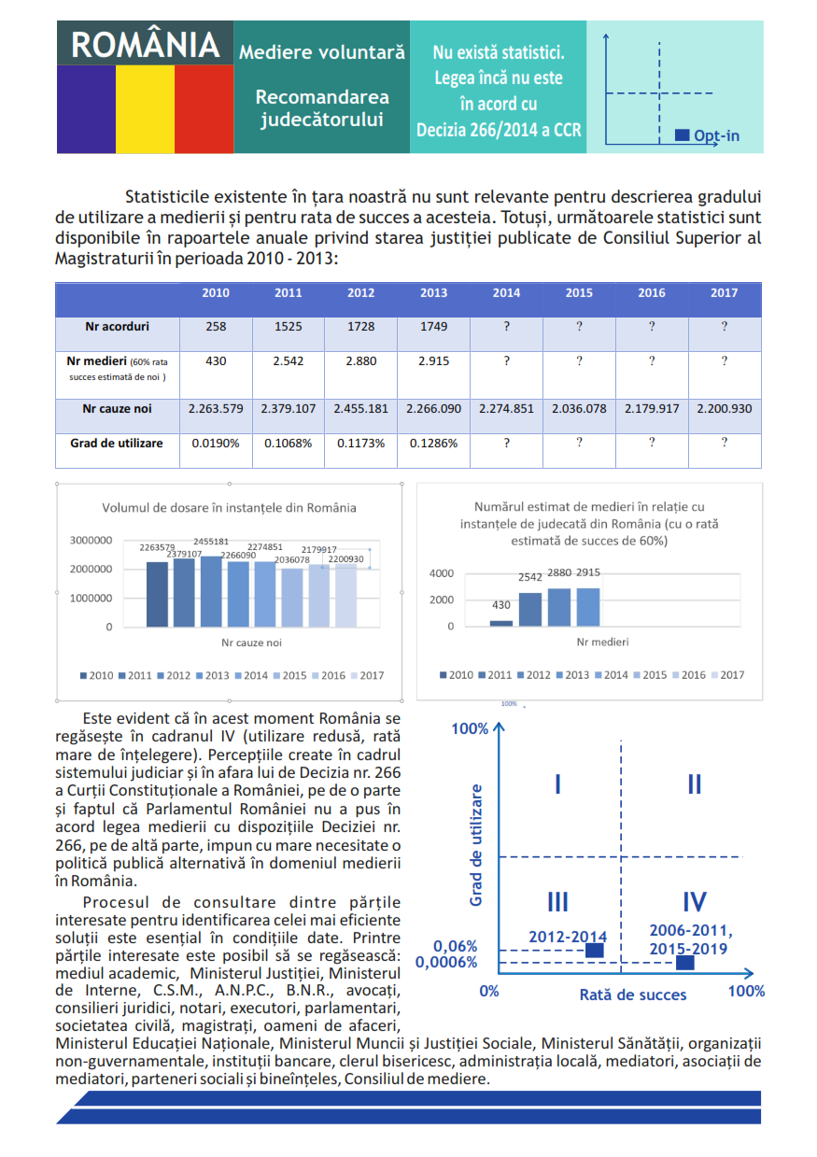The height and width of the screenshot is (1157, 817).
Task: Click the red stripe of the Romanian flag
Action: pyautogui.click(x=204, y=109)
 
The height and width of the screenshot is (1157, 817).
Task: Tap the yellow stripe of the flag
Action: pyautogui.click(x=145, y=109)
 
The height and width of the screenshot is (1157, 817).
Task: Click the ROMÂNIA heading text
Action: pyautogui.click(x=145, y=45)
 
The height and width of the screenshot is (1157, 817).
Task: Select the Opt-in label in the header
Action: pyautogui.click(x=716, y=135)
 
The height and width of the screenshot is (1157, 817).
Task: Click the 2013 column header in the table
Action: pyautogui.click(x=433, y=293)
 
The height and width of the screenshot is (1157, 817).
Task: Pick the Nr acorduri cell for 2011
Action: pyautogui.click(x=289, y=327)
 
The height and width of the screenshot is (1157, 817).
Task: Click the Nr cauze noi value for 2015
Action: pyautogui.click(x=579, y=409)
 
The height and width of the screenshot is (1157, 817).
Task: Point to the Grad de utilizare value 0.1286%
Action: pyautogui.click(x=433, y=444)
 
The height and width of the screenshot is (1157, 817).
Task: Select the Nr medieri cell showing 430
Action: pyautogui.click(x=216, y=361)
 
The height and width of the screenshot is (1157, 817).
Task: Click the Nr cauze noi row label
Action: pyautogui.click(x=117, y=409)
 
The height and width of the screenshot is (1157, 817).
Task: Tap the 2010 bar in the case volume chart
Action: pyautogui.click(x=157, y=594)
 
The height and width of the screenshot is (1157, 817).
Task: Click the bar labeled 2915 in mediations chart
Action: pyautogui.click(x=588, y=607)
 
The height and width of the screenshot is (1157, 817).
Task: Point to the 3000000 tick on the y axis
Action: pyautogui.click(x=91, y=541)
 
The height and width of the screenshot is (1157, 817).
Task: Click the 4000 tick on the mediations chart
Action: pyautogui.click(x=442, y=573)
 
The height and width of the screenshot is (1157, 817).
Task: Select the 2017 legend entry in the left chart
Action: pyautogui.click(x=367, y=675)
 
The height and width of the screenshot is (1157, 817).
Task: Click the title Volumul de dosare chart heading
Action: pyautogui.click(x=229, y=508)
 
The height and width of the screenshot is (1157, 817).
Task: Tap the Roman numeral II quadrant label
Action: pyautogui.click(x=695, y=784)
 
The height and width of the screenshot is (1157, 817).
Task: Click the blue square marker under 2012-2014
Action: pyautogui.click(x=595, y=951)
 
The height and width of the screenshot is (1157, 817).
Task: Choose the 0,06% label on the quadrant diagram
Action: pyautogui.click(x=455, y=946)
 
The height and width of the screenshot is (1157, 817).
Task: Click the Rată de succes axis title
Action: pyautogui.click(x=633, y=995)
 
